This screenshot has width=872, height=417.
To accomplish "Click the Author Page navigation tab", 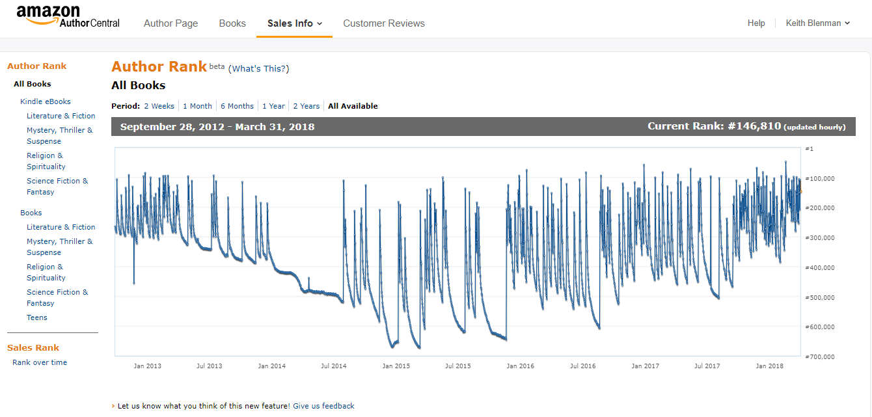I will coord(170,23).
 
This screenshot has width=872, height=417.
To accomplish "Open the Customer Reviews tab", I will coord(383,23).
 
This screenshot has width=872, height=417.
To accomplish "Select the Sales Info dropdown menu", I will coord(294,23).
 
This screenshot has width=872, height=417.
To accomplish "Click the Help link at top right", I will coord(756,23).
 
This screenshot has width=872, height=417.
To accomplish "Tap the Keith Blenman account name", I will coord(817,23).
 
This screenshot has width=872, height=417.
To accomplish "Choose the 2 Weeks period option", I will coord(159,106).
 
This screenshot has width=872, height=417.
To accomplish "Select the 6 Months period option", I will coord(237,106).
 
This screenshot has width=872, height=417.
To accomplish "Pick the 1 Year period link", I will coord(273,106).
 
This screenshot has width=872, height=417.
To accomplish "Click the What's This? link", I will coord(258,69).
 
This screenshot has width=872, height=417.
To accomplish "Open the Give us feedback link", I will coord(323,406).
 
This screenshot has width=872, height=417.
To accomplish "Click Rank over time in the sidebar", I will coord(40,362).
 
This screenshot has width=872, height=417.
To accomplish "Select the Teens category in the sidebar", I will coord(37,317).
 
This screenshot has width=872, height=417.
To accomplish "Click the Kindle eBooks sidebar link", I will coord(46,101).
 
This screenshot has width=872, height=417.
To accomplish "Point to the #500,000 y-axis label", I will coord(820,297).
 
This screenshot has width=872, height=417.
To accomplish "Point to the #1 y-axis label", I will coord(810,149).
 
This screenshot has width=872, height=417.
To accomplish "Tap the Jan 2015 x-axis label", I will coord(396,366).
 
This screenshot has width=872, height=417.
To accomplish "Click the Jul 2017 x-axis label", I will coord(707,366).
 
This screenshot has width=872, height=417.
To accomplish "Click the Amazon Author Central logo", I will coord(68,16).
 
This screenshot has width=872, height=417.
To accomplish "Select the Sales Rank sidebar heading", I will coord(33,347).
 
